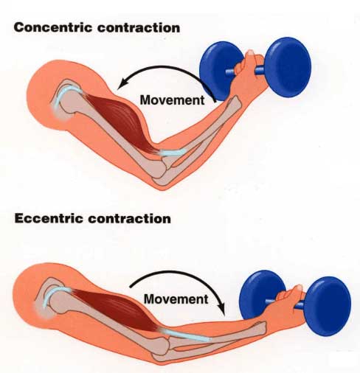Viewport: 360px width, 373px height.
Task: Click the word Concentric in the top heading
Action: point(53,27)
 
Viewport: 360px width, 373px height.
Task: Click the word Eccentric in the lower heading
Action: point(49,218)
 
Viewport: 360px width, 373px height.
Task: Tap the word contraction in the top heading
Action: point(139,28)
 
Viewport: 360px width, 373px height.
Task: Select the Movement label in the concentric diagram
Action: point(172,100)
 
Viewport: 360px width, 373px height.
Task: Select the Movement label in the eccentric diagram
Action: point(176,299)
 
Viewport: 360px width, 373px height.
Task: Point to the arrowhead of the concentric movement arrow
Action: point(122,84)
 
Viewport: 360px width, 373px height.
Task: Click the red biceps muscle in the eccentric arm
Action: point(116,307)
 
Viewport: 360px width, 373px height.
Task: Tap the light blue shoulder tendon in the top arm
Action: point(64,91)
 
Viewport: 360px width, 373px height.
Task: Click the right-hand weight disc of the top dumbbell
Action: point(288,67)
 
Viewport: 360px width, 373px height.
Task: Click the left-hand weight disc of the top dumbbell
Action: point(219,71)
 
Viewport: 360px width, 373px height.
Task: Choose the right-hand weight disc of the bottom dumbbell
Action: point(327,306)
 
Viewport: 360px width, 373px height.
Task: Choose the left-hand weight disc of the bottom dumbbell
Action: point(260,295)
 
